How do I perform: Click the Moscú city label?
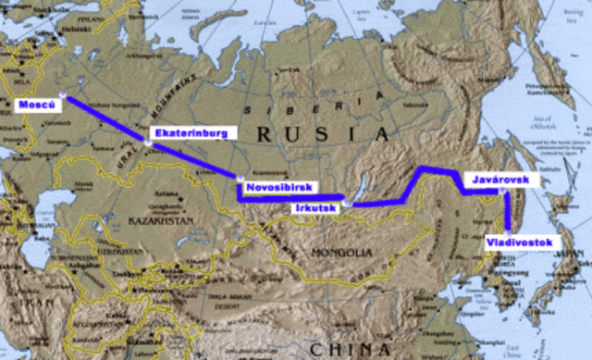click(34, 105)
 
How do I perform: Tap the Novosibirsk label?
click(278, 188)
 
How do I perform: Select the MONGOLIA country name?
click(341, 252)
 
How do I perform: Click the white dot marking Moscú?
click(61, 94)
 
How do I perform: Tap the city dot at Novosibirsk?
click(240, 178)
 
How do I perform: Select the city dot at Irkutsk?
click(345, 202)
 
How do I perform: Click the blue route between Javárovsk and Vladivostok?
click(507, 213)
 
